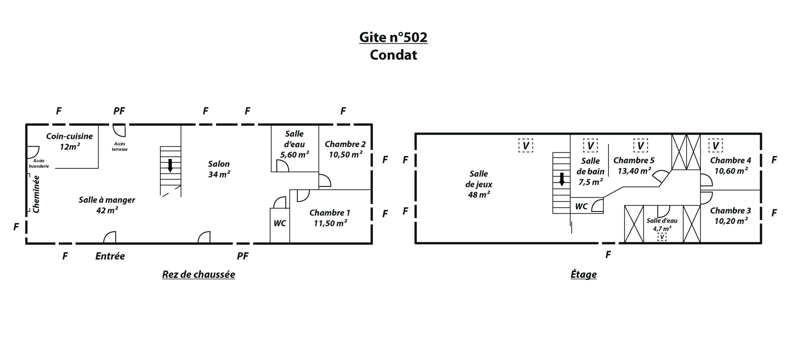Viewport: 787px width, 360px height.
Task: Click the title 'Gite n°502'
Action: point(393,37)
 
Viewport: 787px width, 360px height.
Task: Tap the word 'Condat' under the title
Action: point(393,55)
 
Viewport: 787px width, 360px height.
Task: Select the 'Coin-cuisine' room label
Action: point(69,136)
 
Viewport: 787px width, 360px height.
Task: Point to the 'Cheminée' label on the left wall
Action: point(36,194)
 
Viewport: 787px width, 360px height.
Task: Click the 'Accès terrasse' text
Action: point(120,147)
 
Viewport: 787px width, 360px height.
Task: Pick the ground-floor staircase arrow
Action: point(170,166)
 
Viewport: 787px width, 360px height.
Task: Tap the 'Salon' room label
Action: point(219,164)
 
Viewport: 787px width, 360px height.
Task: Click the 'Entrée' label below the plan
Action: point(110,256)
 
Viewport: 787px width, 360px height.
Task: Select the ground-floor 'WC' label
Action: point(280,223)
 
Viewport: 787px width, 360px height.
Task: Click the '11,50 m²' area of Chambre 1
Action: point(330,223)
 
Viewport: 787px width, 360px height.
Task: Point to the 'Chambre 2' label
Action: point(345,144)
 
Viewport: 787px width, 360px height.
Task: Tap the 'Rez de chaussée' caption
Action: point(199,274)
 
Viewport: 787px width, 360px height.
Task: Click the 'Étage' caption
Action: point(583,274)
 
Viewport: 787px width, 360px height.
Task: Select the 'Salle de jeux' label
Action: point(479,179)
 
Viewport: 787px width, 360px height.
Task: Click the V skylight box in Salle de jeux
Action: point(526,146)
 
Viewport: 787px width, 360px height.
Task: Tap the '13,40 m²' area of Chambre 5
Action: point(634,171)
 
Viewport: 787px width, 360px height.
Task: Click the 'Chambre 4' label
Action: point(731,160)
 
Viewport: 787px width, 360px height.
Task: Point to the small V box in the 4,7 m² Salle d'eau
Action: point(662,237)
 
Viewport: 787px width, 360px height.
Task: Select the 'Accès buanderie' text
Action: point(39,163)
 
